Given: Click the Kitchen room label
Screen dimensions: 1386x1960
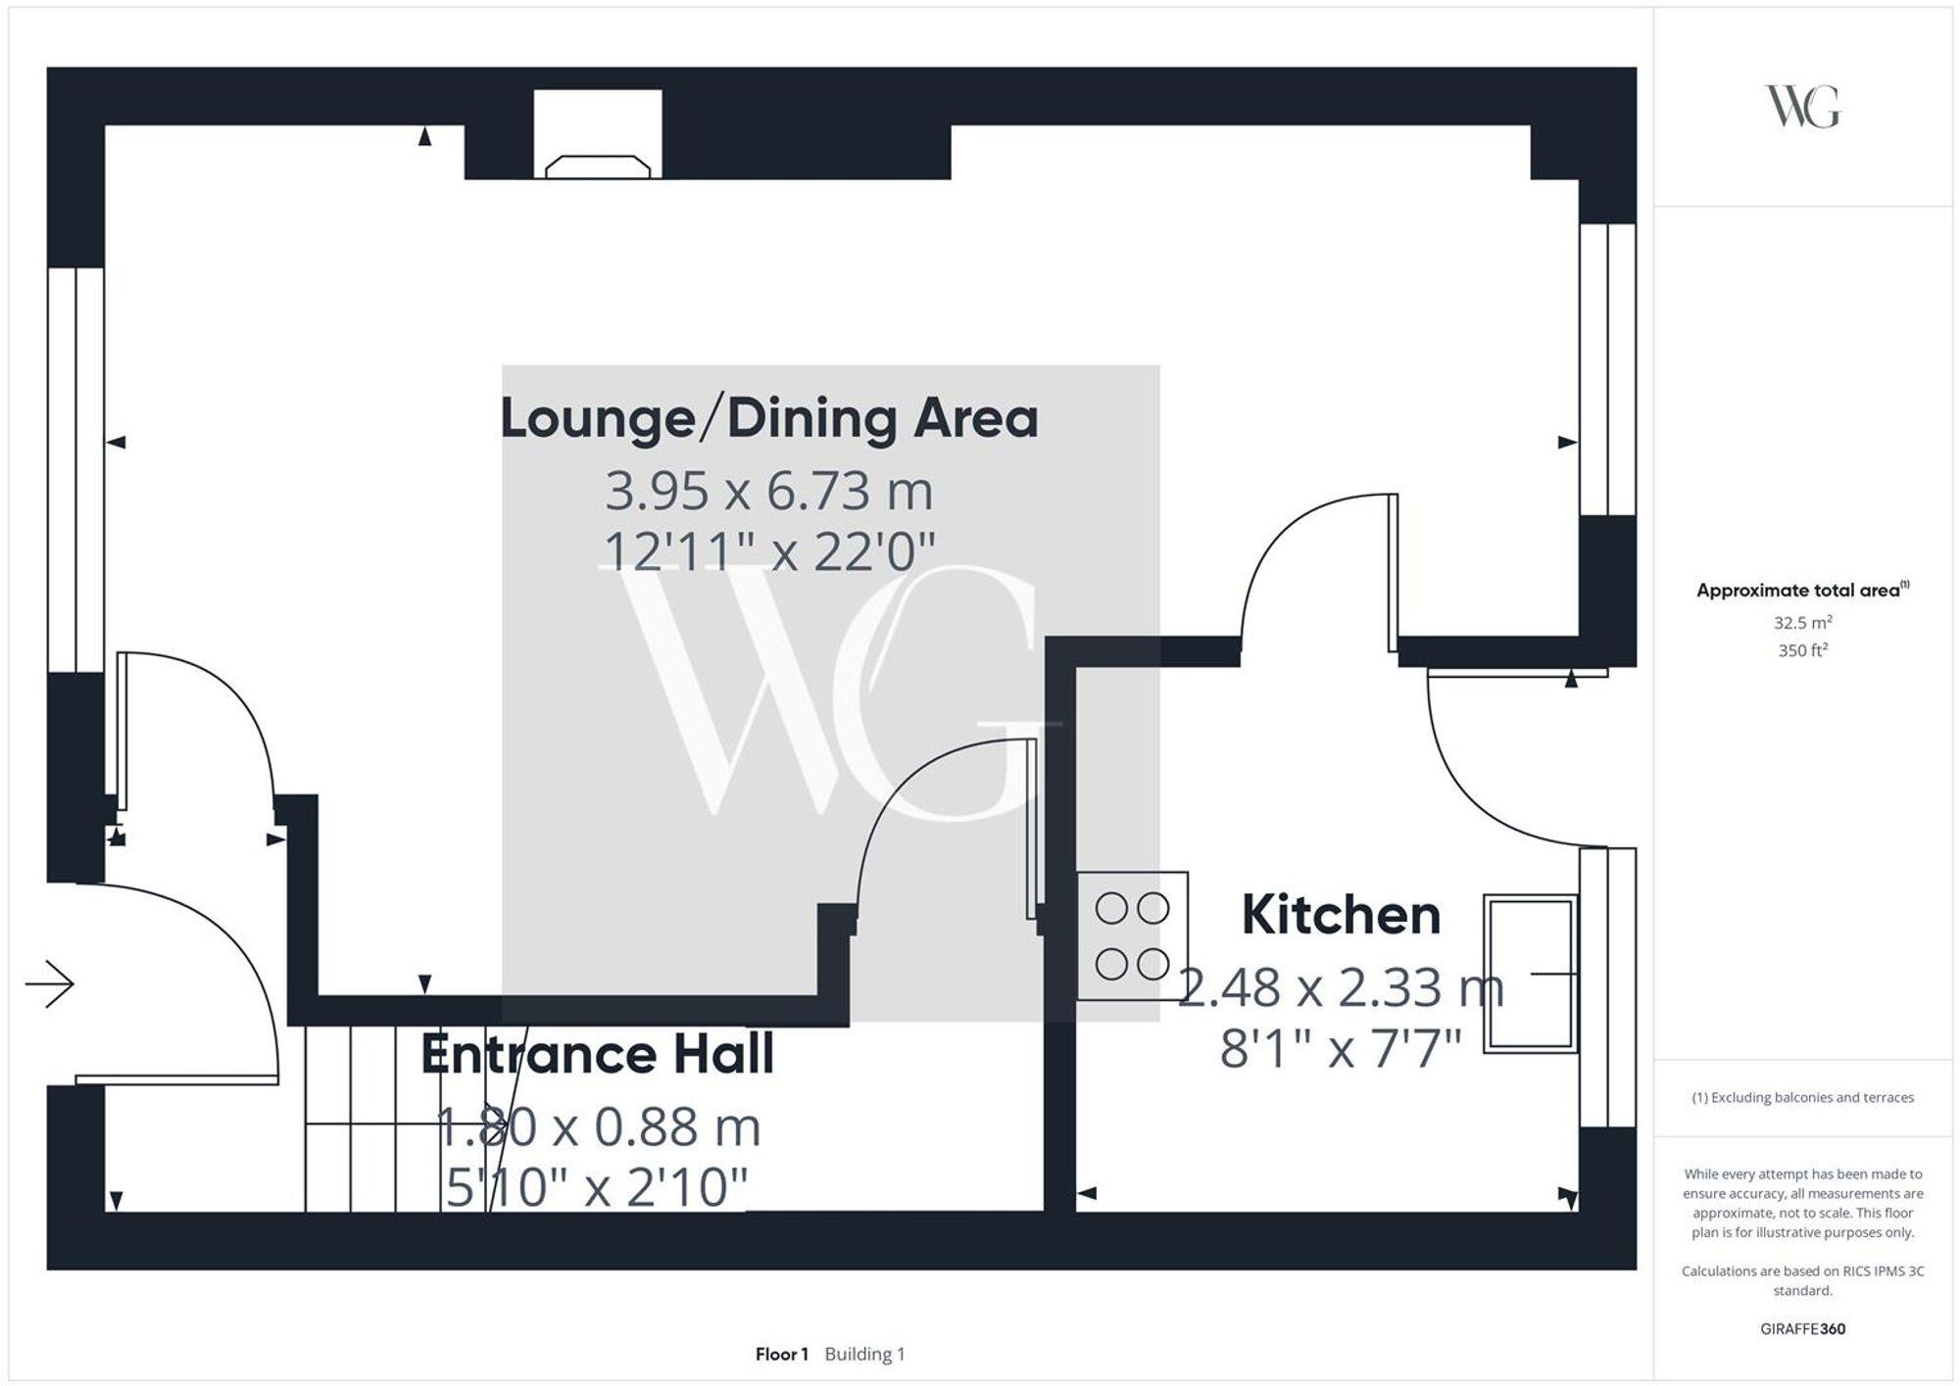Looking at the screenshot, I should coord(1341,915).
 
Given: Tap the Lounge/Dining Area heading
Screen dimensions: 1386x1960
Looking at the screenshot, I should coord(769,419).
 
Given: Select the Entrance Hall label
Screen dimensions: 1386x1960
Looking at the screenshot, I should coord(598,1054).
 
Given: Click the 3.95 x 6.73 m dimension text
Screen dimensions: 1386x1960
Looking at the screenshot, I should coord(769,491).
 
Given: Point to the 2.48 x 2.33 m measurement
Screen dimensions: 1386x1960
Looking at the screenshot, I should coord(1341,987).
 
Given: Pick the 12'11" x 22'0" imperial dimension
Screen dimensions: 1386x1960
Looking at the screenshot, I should coord(769,551).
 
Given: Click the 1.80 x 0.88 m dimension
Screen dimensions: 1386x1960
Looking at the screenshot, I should coord(598,1126).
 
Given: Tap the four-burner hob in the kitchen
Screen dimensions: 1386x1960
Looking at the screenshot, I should coord(1132,936).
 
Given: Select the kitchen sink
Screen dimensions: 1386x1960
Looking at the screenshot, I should coord(1530,974).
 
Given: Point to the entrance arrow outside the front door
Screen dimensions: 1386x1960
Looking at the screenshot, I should coord(50,983).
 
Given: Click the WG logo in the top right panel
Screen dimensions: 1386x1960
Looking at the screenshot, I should coord(1802,107).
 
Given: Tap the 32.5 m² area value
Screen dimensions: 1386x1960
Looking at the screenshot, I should coord(1802,623).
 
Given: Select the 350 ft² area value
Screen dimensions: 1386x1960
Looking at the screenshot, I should coord(1802,650).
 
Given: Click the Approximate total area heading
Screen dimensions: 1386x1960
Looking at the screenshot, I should coord(1801,591).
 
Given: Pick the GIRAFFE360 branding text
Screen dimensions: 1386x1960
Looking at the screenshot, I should coord(1802,1329).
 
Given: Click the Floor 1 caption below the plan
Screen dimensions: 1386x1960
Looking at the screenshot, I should coord(781,1355).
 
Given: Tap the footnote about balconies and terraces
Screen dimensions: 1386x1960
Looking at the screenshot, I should coord(1802,1098).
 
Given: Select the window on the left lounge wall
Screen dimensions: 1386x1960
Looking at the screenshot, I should coord(76,470).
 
